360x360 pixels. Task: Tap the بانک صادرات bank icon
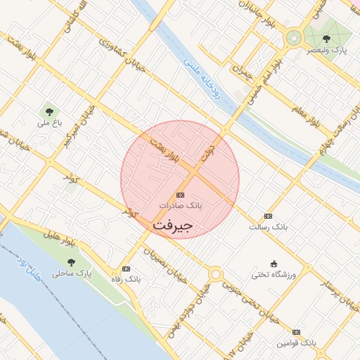pos(180,195)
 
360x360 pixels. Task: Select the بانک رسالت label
pos(269,227)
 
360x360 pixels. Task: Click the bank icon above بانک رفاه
pos(126,269)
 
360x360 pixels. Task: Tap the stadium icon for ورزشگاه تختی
pos(274,264)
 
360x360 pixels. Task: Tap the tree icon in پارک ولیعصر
pos(326,39)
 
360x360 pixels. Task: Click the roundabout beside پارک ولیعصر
pos(292,39)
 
